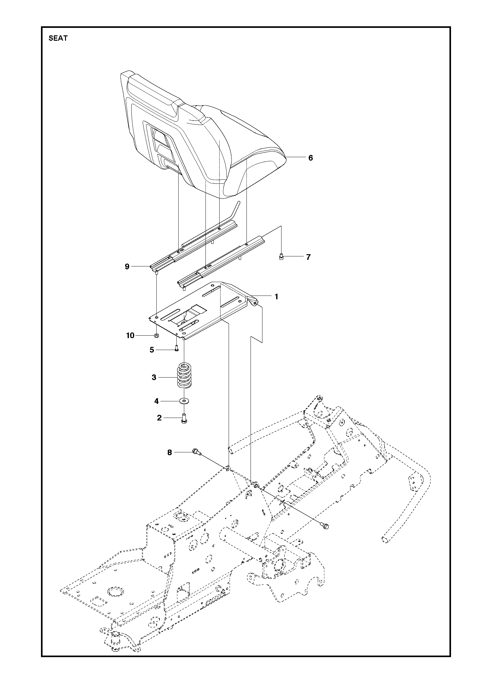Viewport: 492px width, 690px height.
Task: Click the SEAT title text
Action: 58,39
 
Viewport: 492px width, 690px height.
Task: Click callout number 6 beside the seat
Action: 310,158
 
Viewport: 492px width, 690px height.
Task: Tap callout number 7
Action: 308,257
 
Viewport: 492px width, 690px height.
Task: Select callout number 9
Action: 127,266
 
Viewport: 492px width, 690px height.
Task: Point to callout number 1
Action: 276,296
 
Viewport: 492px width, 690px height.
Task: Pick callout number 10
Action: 130,336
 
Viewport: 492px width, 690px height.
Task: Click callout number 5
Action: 152,350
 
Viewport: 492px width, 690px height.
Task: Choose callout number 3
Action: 154,377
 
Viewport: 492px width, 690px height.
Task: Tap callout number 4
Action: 157,401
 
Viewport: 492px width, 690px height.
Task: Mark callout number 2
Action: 159,418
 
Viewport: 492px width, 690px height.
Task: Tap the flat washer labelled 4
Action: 184,401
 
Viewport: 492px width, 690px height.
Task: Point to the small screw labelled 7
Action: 281,257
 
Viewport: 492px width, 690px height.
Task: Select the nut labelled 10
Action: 157,336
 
